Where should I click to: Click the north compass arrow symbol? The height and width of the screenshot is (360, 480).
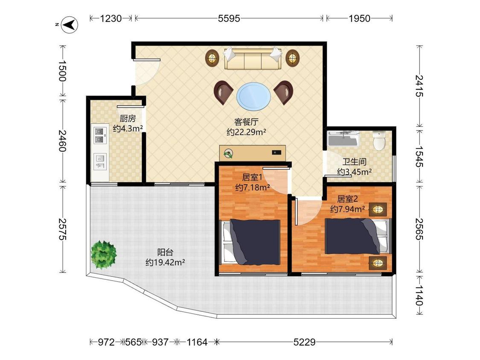pyautogui.click(x=70, y=24)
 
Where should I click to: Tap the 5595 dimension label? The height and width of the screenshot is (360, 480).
pyautogui.click(x=229, y=18)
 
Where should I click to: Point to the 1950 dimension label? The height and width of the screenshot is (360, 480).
pyautogui.click(x=359, y=18)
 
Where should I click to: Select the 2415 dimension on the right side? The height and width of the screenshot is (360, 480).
pyautogui.click(x=419, y=86)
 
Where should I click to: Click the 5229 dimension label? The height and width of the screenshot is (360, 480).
pyautogui.click(x=304, y=342)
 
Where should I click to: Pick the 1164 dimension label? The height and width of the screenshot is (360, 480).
pyautogui.click(x=197, y=342)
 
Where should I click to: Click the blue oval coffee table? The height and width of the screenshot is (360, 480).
pyautogui.click(x=254, y=96)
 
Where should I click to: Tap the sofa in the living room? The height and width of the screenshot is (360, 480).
pyautogui.click(x=253, y=58)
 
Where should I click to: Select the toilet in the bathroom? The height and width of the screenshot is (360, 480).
pyautogui.click(x=380, y=141)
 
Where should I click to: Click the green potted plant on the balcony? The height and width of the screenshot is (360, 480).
pyautogui.click(x=104, y=255)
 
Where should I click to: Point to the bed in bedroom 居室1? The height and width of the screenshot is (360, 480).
pyautogui.click(x=251, y=242)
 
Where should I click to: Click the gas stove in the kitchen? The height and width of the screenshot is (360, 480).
pyautogui.click(x=99, y=136)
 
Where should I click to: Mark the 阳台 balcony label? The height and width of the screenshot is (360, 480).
pyautogui.click(x=165, y=252)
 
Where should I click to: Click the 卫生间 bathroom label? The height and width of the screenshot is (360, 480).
pyautogui.click(x=354, y=162)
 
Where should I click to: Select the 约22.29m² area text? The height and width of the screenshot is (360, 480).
pyautogui.click(x=246, y=132)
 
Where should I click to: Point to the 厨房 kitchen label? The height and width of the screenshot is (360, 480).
pyautogui.click(x=128, y=118)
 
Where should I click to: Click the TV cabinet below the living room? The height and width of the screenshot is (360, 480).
pyautogui.click(x=253, y=153)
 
